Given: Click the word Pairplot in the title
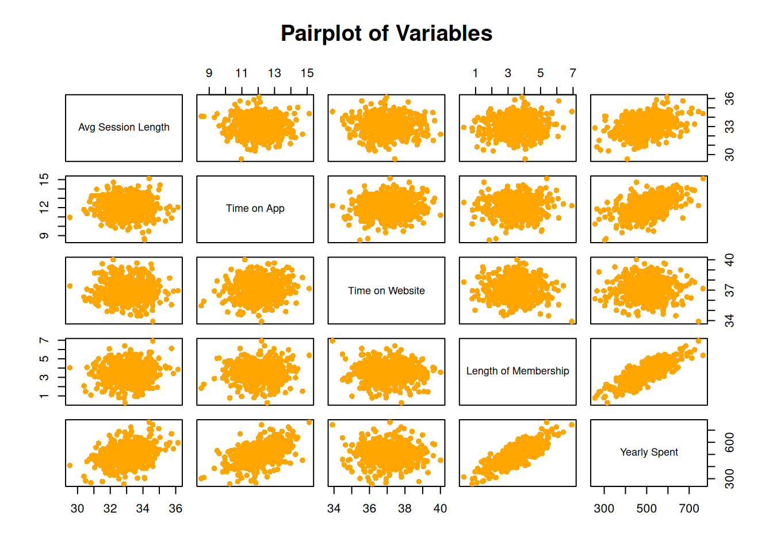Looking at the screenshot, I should [321, 34].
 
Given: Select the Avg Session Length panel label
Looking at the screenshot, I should [124, 127].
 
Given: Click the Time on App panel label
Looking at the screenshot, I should [255, 208].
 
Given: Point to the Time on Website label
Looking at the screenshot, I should [386, 291].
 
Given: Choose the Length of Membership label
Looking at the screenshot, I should [518, 371].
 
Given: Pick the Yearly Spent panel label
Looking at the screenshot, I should [649, 452].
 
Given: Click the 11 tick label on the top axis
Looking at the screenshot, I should [242, 73].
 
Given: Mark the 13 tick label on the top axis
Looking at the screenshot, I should [274, 73].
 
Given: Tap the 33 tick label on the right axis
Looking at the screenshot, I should [729, 126].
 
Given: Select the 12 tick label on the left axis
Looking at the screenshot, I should [44, 206].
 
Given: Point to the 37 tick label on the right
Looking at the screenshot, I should [729, 292].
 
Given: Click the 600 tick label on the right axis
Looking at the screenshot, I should [729, 442].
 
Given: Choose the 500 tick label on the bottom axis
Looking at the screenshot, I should [646, 508].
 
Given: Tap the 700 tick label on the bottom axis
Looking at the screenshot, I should [689, 508].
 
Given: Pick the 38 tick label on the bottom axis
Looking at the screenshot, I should [405, 508].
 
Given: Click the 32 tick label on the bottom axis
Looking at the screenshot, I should [110, 508].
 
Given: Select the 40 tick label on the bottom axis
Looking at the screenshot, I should [440, 508].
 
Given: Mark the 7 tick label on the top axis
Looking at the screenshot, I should [573, 73].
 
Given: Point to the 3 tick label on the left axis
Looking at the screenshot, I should [44, 377].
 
